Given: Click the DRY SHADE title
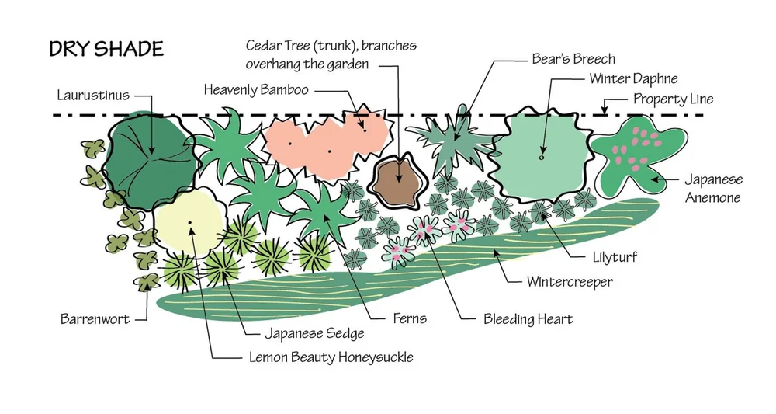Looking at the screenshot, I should pos(106,50).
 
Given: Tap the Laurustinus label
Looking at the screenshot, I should pos(92,96).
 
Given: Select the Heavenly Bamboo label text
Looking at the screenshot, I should pos(256,90).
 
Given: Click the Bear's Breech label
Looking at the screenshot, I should pos(573,59).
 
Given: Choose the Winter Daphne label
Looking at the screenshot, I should pos(633,79).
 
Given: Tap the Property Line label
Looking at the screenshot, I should pos(673,99).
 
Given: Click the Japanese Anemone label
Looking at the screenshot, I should pos(712,189).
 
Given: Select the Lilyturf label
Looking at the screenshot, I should pos(609,256).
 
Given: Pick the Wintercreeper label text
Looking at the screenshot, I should pos(570,281).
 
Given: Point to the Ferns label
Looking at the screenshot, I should pos(409,318).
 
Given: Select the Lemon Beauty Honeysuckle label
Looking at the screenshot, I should pos(331,357).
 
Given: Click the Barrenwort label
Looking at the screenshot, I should pos(94,318).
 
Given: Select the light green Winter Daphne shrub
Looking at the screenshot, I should pos(542,159).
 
